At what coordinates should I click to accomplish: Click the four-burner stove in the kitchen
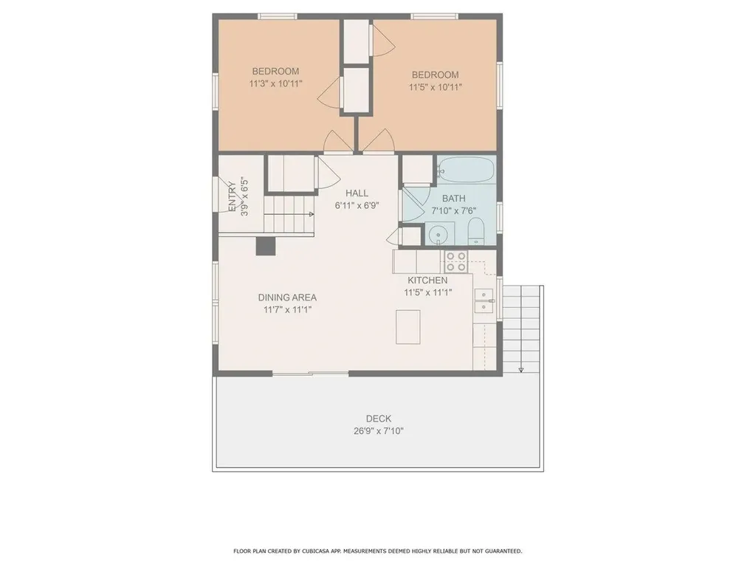coord(456,261)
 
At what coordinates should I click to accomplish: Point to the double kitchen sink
coord(484,300)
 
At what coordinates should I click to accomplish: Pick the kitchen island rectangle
coord(408,326)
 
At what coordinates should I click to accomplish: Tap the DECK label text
coord(378,419)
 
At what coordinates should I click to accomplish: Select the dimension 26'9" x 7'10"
coord(378,431)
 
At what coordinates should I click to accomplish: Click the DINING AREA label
coord(287,298)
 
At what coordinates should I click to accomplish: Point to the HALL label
coord(357,193)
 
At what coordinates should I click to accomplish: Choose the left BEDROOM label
coord(275,72)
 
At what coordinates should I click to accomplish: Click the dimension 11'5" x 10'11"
coord(435,87)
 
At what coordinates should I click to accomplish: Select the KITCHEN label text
coord(427,281)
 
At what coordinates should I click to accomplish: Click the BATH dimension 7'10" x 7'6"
coord(454,211)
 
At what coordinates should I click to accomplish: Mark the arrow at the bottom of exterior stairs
coord(521,368)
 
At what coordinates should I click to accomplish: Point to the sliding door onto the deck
coord(310,374)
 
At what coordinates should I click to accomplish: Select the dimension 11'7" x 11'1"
coord(287,310)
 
